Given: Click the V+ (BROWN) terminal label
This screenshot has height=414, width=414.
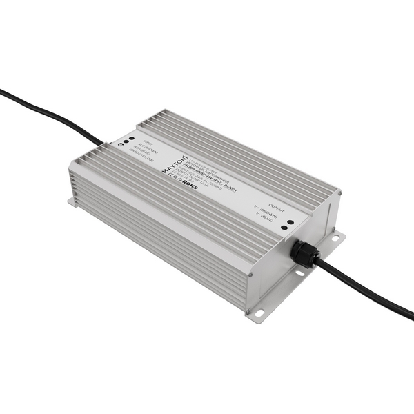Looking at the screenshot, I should [266, 210].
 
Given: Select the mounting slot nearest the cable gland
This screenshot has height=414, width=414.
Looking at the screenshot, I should [336, 237].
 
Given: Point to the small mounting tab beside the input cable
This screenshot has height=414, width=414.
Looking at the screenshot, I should [72, 203].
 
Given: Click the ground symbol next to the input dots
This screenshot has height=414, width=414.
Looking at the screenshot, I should [121, 145].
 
